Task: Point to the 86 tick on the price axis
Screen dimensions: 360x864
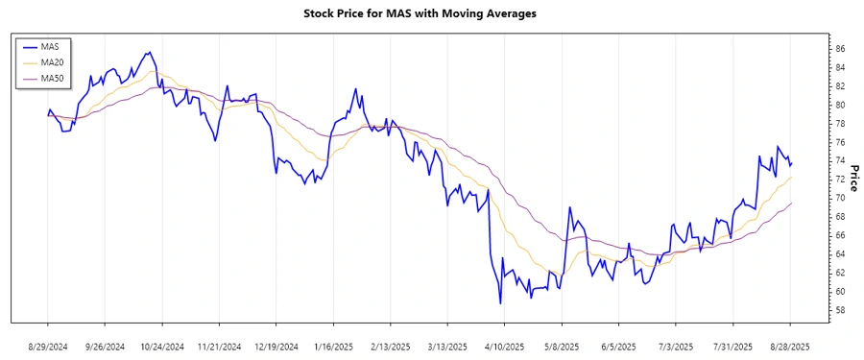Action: pos(813,49)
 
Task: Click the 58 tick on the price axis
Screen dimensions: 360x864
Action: pos(813,310)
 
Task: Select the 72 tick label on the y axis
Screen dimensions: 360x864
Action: pos(813,180)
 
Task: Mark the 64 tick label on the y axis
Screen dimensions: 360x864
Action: pos(813,254)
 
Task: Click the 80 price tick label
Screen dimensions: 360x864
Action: pos(813,105)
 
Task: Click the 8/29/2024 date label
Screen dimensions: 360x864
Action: pos(48,346)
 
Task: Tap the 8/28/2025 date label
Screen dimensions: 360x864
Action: pos(790,346)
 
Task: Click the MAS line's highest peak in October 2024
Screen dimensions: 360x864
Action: pos(149,53)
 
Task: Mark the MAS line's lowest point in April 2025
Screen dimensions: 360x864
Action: pos(500,303)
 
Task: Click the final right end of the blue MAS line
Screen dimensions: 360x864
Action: pos(791,163)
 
